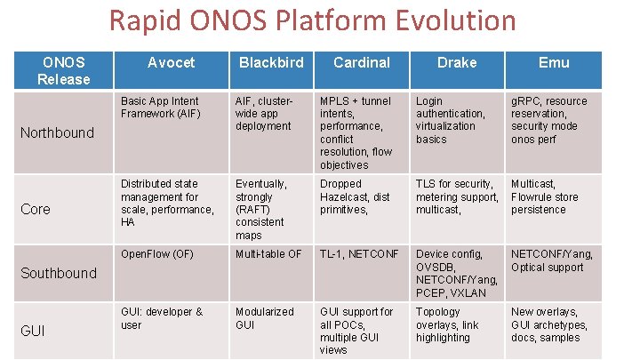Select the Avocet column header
coord(171,63)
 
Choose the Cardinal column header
coord(361,63)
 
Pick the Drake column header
coord(456,63)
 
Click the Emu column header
coord(553,63)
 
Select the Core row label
coord(36,210)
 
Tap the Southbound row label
coord(60,273)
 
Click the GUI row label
coord(33,331)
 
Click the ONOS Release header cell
coord(63,71)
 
